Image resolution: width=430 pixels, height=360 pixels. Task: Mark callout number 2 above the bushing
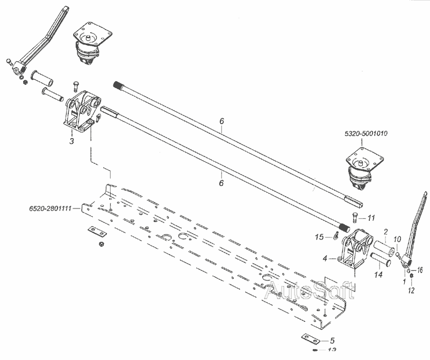[x=385, y=232]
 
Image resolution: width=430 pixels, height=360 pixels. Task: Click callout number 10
[x=398, y=239]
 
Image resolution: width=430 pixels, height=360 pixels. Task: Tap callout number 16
[x=421, y=269]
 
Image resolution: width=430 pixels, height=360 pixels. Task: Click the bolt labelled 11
[x=355, y=218]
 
